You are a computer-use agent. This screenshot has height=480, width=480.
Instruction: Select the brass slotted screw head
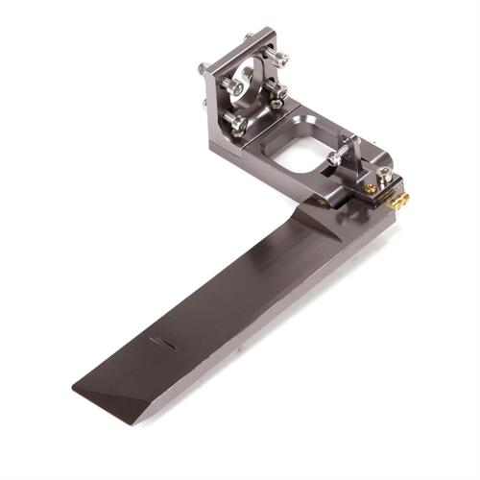tap(371, 189)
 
